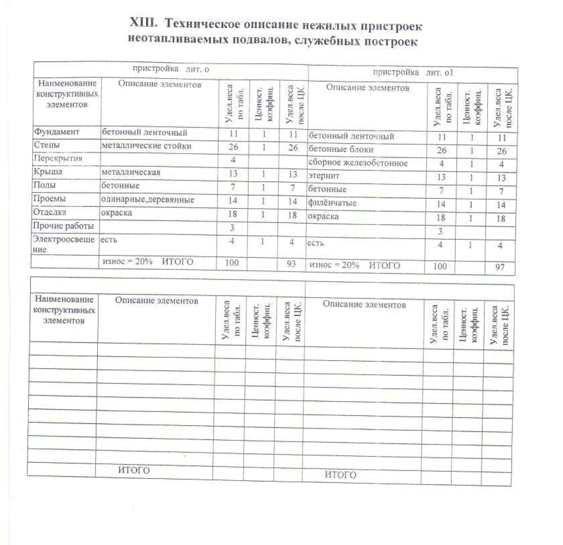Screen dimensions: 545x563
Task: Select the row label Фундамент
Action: (x=57, y=132)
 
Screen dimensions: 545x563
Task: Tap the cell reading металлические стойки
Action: (x=147, y=146)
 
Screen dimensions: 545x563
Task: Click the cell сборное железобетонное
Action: (x=358, y=163)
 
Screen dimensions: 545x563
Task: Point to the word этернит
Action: (x=324, y=176)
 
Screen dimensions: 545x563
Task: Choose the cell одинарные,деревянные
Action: (x=147, y=200)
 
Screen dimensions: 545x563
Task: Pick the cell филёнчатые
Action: (x=332, y=203)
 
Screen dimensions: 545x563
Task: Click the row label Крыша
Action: (x=48, y=172)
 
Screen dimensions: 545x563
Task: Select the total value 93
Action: (x=291, y=264)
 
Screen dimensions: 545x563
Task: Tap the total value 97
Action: (x=500, y=267)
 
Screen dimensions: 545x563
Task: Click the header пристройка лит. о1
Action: (x=413, y=72)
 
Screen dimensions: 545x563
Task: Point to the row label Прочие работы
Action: (x=63, y=226)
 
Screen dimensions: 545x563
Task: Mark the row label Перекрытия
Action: (x=58, y=159)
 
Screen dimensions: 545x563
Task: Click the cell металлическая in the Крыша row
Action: (x=131, y=172)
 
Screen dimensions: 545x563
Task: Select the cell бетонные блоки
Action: (x=341, y=149)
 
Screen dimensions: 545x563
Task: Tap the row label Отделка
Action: (x=50, y=212)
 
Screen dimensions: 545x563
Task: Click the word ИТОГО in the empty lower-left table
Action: (x=134, y=470)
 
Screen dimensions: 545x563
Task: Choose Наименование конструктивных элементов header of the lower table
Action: (x=64, y=310)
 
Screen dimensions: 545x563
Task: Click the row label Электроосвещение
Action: (x=63, y=244)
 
